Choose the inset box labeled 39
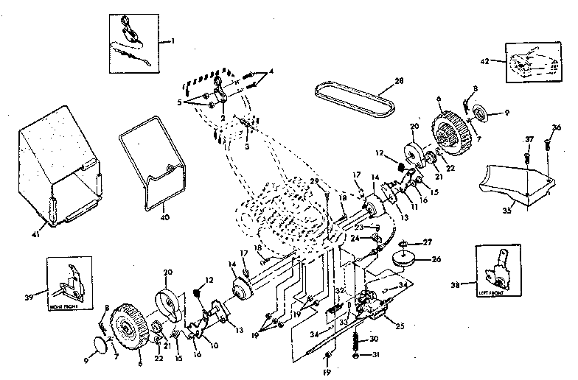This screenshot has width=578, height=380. coord(72,281)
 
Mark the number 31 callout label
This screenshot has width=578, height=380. coord(375,355)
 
